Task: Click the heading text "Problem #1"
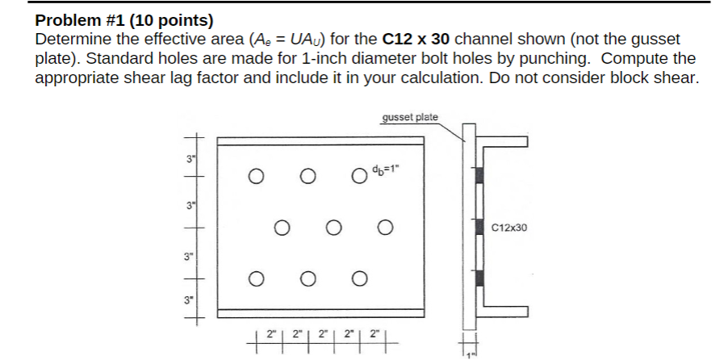pos(77,19)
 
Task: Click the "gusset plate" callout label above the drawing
pos(409,117)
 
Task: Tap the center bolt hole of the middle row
pos(331,228)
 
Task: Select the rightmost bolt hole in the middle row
pos(383,228)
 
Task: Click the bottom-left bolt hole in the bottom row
pos(255,279)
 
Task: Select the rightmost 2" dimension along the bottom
pos(374,331)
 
